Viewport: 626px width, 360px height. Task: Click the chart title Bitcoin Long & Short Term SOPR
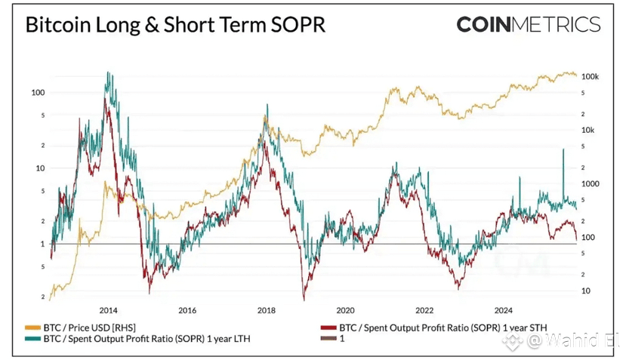pos(175,25)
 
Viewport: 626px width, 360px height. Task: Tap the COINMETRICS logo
pos(528,24)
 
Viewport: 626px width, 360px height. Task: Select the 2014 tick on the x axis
pos(108,310)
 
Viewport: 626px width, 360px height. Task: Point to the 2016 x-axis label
pos(187,310)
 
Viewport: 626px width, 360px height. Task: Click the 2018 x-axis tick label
pos(266,310)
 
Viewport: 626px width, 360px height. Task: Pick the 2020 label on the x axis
pos(345,310)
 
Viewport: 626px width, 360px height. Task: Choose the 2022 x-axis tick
pos(424,310)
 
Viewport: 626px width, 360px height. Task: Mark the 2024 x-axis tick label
pos(504,310)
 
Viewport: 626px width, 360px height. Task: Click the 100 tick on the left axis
pos(38,92)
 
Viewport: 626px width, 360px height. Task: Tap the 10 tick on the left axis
pos(41,168)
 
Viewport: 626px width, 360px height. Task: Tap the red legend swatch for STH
pos(327,328)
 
